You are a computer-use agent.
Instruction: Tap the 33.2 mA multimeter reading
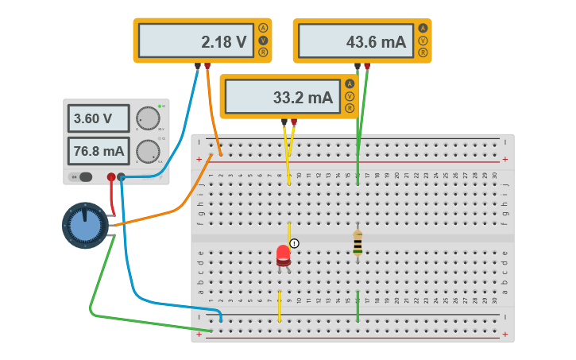click(x=281, y=97)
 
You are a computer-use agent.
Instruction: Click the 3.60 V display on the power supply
click(x=98, y=119)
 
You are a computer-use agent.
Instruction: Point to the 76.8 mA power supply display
click(x=98, y=150)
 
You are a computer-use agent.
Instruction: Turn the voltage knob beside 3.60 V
click(x=147, y=119)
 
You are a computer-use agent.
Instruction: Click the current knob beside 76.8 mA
click(x=147, y=151)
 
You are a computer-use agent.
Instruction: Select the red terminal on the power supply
click(x=111, y=177)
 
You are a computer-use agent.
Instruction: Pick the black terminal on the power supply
click(x=122, y=177)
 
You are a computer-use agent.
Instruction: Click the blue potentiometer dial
click(x=85, y=226)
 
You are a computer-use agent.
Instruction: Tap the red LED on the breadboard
click(x=284, y=255)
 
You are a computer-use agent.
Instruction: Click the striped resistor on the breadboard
click(x=358, y=244)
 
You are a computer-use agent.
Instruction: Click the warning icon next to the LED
click(x=295, y=243)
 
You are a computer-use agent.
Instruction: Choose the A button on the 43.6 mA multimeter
click(x=423, y=28)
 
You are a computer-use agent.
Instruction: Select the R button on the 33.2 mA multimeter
click(x=350, y=108)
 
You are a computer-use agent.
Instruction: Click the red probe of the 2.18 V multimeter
click(x=207, y=67)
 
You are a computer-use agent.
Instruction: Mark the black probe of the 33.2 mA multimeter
click(x=284, y=122)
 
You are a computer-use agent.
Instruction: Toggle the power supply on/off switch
click(x=82, y=177)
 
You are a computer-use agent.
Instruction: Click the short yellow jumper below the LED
click(x=280, y=306)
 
